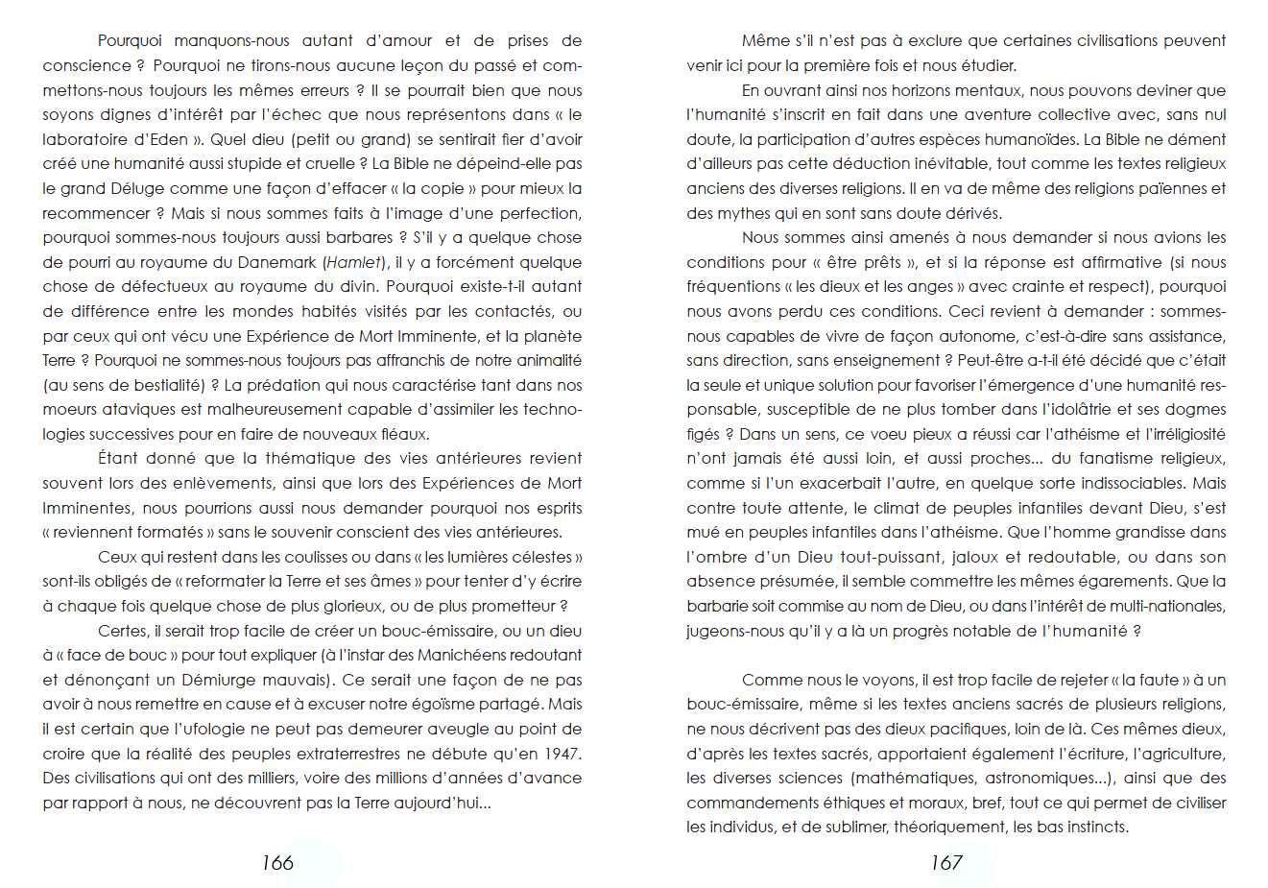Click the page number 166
[x=277, y=862]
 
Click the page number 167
[x=946, y=862]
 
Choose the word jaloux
[x=977, y=557]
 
